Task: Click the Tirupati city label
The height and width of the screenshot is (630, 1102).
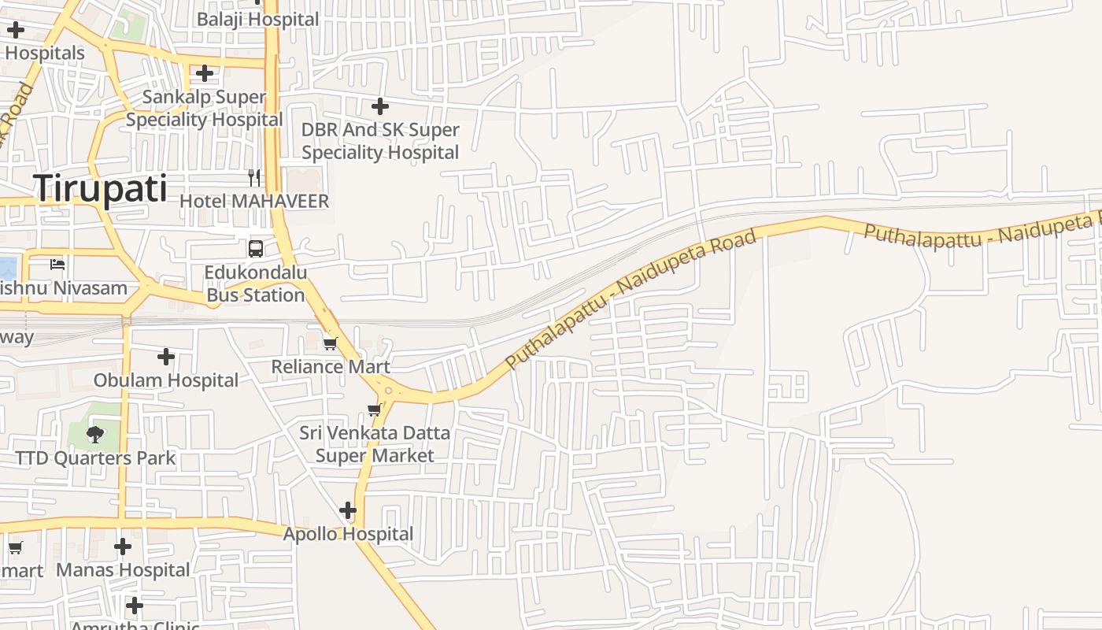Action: pos(100,190)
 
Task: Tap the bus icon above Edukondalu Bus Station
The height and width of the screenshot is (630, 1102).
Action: pos(256,249)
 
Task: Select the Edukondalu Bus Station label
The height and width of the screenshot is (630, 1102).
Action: pos(255,283)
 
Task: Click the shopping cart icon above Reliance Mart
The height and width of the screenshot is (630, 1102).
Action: pos(331,343)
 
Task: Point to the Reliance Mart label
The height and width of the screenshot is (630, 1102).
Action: pos(331,366)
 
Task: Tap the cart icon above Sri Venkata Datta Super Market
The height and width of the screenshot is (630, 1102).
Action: pos(375,409)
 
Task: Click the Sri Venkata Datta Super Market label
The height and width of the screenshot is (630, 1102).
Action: pos(375,444)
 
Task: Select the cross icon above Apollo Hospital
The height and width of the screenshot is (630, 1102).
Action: pos(347,511)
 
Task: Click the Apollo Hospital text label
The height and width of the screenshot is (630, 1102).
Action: pos(348,534)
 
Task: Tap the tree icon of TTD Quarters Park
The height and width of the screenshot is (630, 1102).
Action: pos(95,435)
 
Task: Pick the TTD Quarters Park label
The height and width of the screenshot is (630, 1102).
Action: pos(95,458)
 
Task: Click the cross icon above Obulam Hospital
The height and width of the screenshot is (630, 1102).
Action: pos(165,357)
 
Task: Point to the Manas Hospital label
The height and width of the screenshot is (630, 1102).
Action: pos(123,569)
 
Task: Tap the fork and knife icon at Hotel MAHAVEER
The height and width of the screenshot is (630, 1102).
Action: pos(254,178)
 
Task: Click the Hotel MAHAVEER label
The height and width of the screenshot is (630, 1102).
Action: pos(254,201)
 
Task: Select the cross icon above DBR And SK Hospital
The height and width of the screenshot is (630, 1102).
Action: pos(380,106)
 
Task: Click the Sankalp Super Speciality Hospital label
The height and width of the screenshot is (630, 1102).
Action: pos(205,109)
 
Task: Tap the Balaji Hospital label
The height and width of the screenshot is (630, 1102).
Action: pos(257,19)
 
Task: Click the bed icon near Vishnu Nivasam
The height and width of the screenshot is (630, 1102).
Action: pos(57,265)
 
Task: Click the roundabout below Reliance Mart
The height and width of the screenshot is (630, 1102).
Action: pos(387,390)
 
